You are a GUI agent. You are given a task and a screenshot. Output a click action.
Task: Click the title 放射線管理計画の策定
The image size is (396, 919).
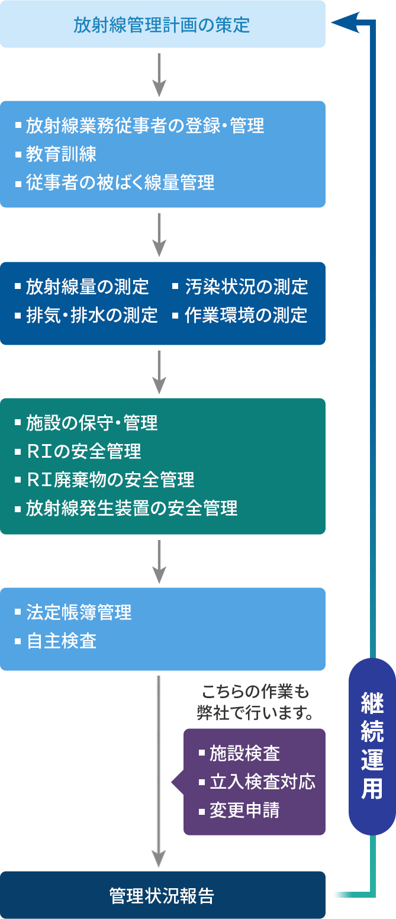(162, 25)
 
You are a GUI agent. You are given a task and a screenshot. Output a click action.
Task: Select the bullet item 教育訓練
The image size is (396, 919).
(61, 155)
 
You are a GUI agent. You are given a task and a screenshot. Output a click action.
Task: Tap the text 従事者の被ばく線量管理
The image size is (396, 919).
(120, 183)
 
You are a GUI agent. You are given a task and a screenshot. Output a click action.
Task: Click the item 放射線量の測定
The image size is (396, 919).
(87, 287)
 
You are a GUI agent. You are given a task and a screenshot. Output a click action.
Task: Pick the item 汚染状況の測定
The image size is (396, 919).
(246, 287)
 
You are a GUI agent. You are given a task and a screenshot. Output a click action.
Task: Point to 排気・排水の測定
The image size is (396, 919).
(92, 315)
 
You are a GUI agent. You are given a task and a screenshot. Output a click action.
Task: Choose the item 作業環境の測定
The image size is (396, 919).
(246, 315)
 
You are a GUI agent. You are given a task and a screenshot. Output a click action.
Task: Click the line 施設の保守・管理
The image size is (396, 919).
(92, 423)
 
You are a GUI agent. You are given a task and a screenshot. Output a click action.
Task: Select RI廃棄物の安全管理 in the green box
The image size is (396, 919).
(111, 480)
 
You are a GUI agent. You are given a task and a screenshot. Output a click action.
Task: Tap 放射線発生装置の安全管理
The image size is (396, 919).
(131, 508)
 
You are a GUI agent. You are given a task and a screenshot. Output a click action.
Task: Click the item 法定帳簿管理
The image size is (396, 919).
(79, 612)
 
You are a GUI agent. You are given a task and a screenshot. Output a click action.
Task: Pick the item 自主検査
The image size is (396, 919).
(61, 641)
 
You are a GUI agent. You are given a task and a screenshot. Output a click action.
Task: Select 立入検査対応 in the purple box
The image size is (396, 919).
(262, 782)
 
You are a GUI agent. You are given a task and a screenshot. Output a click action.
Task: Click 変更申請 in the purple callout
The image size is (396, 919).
(244, 810)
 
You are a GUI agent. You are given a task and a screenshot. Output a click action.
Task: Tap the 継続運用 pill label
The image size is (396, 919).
(372, 747)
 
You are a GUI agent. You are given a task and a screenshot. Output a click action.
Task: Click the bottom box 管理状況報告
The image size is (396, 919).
(162, 895)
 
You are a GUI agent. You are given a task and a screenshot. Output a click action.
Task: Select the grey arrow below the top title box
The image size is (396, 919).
(159, 73)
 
